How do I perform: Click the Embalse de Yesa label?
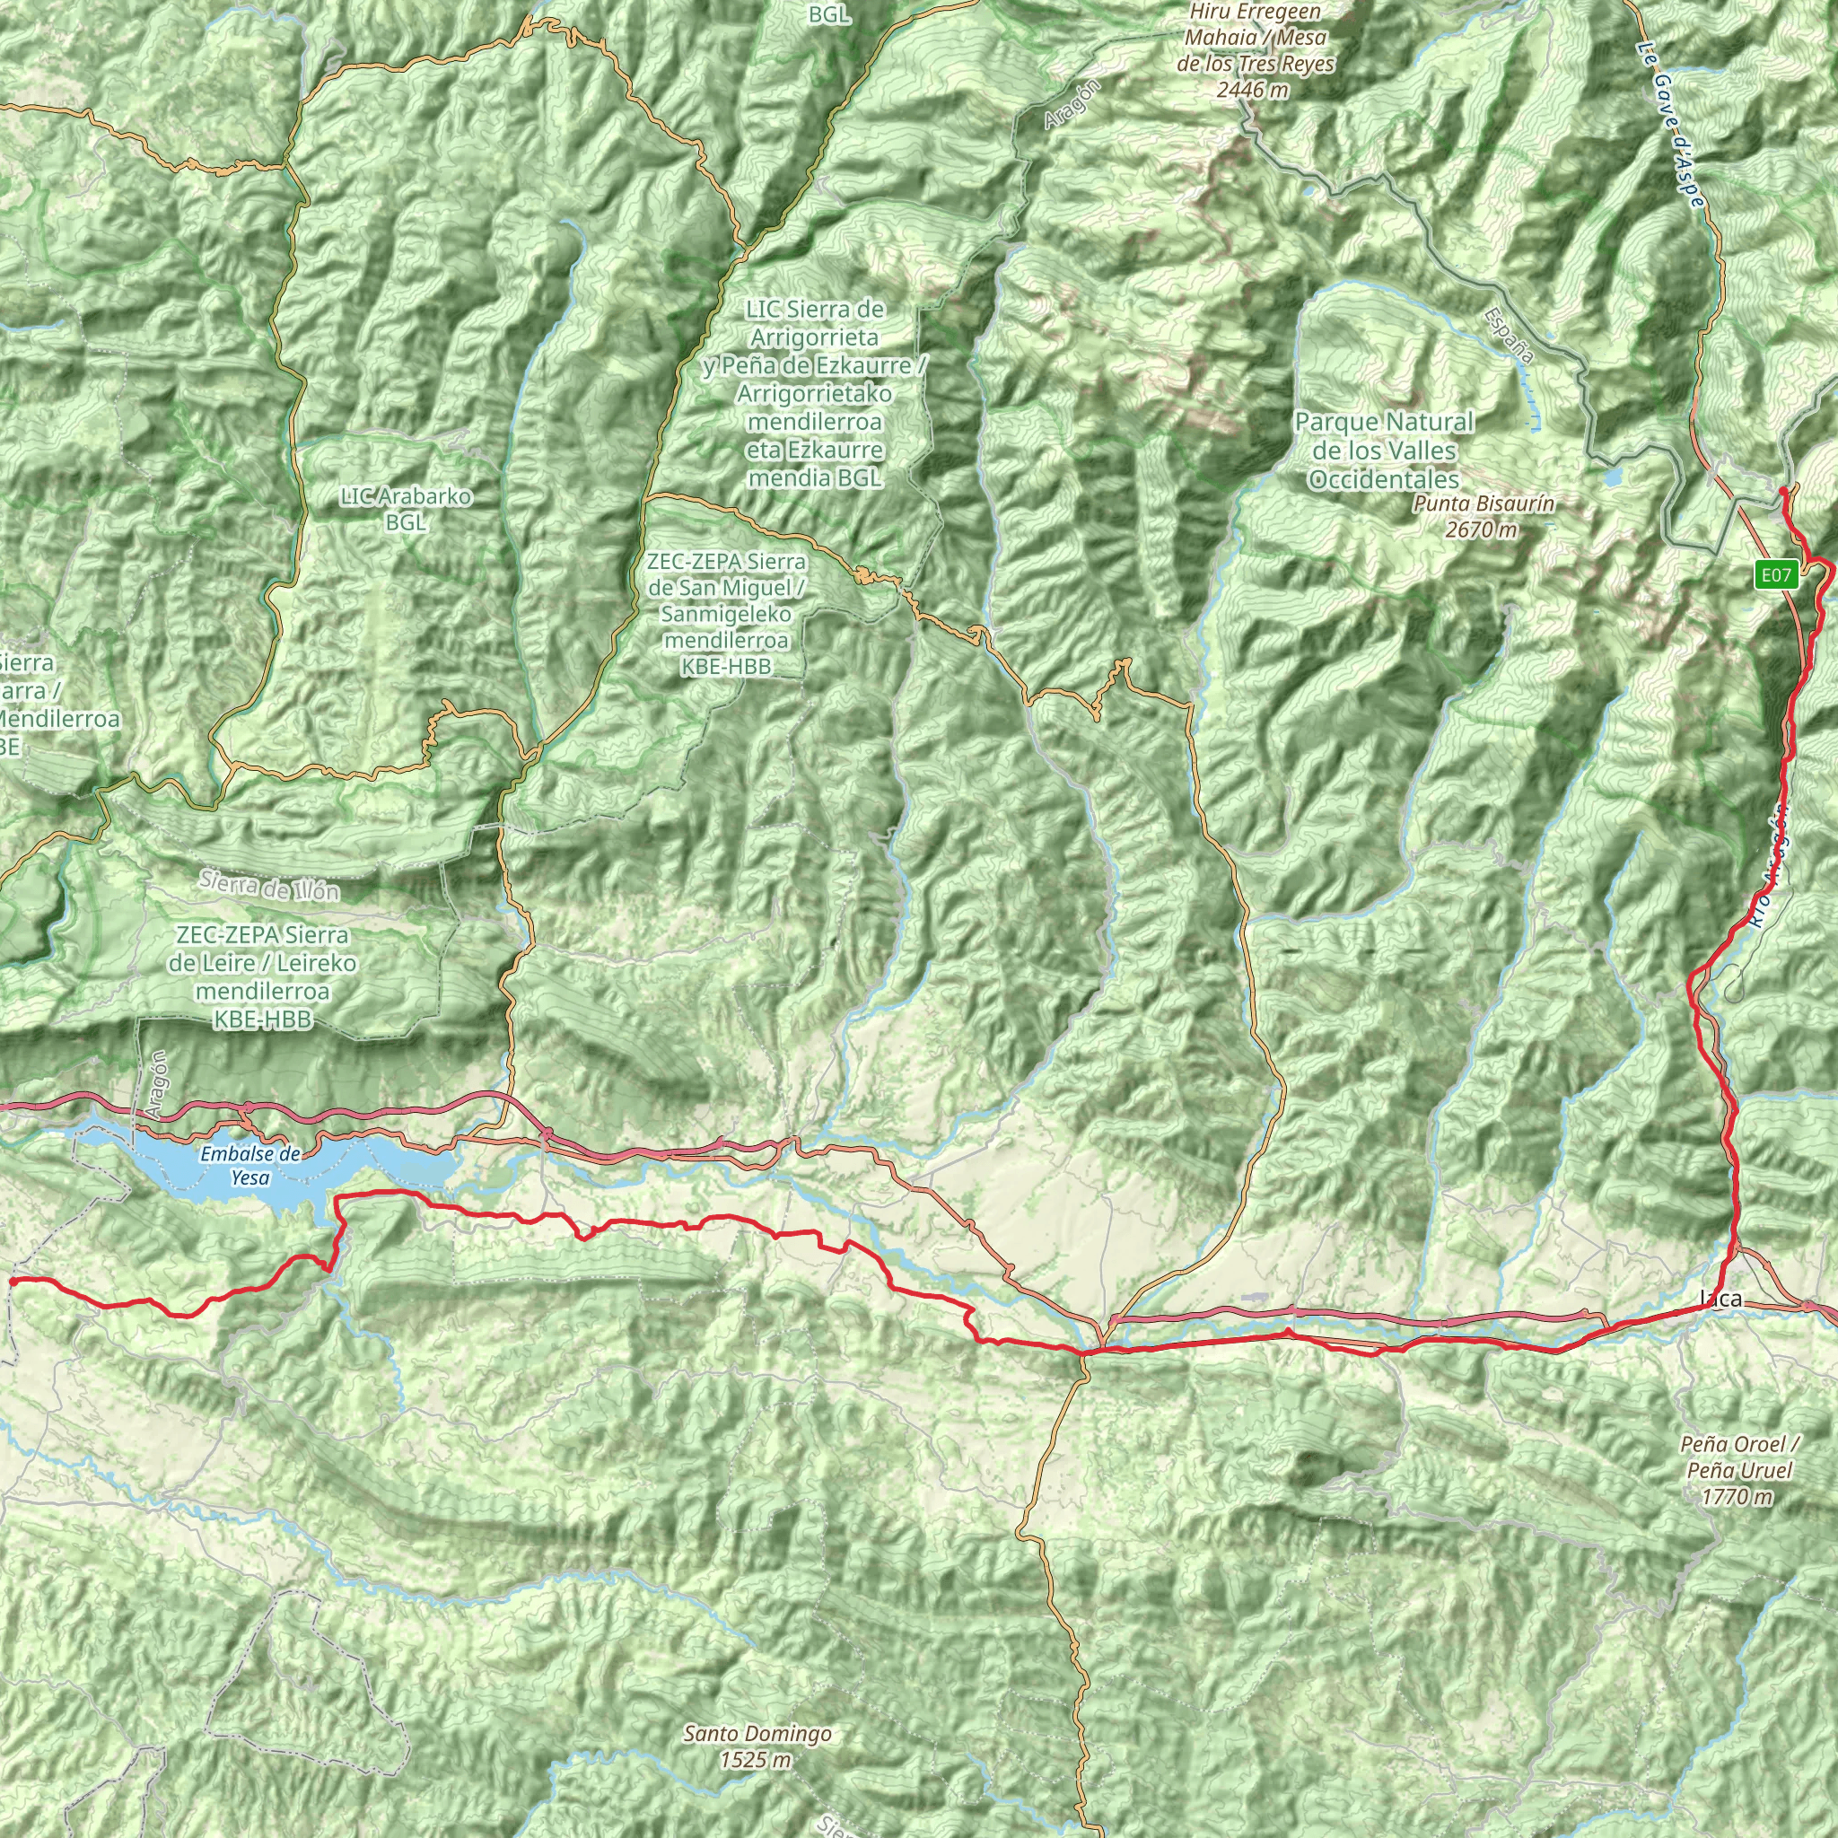tap(250, 1166)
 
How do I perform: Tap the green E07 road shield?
tap(1775, 574)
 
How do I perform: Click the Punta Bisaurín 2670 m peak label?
tap(1484, 517)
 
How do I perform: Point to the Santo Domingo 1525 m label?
tap(757, 1746)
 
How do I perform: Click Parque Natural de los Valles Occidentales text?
tap(1384, 451)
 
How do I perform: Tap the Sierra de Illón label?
tap(269, 887)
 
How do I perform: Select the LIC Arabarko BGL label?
tap(406, 509)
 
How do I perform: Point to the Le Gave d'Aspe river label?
tap(1670, 125)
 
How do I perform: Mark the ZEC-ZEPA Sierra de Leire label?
tap(262, 977)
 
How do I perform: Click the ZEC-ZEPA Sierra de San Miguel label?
tap(726, 615)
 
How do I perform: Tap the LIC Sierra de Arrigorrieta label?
tap(814, 393)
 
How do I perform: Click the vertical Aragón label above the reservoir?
tap(158, 1084)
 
